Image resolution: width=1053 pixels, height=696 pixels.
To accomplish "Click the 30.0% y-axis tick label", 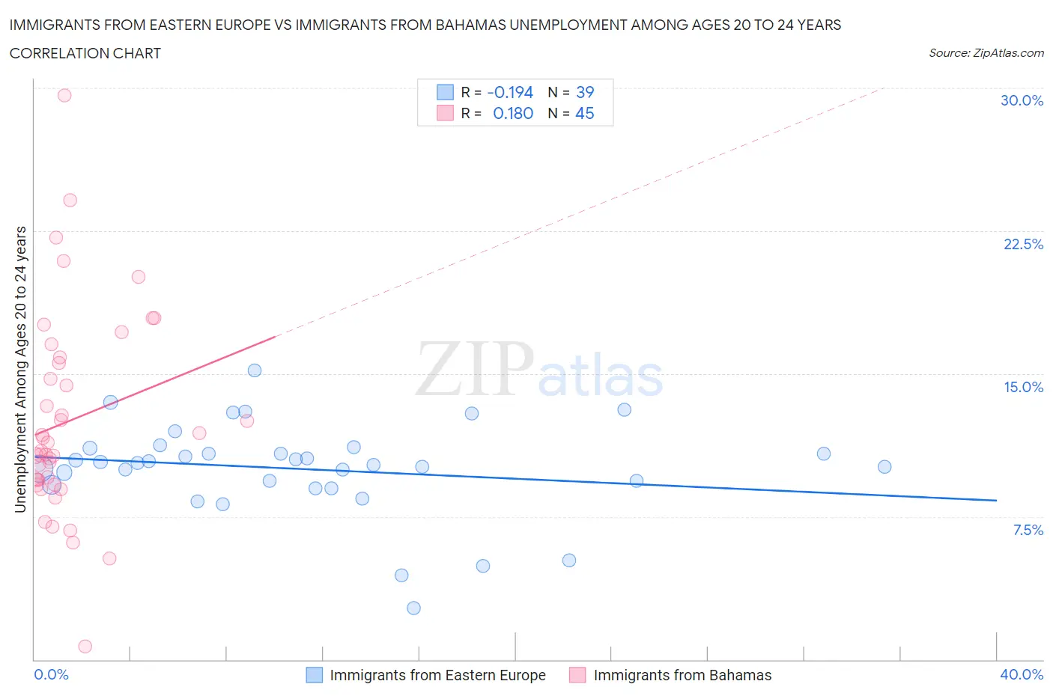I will pos(1022,100).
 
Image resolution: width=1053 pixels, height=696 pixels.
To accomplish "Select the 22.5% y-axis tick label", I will pos(1023,244).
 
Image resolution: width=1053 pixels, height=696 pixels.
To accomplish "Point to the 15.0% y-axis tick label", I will pos(1023,387).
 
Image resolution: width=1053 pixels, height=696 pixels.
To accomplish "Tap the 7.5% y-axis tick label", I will pos(1028,530).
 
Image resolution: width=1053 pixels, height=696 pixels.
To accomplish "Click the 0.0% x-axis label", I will pos(51,674).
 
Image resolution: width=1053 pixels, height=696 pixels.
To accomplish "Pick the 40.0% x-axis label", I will pos(1022,674).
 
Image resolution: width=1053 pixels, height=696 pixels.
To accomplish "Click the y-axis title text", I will pos(20,369).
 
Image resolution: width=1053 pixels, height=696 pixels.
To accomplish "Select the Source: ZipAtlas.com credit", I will pos(986,52).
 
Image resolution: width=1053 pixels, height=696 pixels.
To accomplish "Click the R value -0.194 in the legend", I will pos(509,92).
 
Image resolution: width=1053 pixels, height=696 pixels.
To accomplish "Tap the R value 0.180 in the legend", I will pos(512,113).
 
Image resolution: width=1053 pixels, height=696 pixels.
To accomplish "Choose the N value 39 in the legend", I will pos(584,92).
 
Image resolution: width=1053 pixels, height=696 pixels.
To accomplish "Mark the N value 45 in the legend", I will pos(584,113).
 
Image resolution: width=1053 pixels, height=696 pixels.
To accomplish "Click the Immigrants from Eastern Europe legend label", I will pos(437,675).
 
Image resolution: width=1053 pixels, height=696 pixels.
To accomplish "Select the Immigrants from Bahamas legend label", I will pos(682,675).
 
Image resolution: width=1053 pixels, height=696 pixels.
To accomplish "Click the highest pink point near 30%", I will pos(64,95).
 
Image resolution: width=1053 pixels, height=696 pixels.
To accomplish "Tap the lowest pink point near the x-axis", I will pos(85,646).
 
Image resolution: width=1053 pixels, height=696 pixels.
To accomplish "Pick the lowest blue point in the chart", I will pos(413,608).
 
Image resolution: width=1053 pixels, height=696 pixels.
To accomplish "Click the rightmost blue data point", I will pos(884,466).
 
